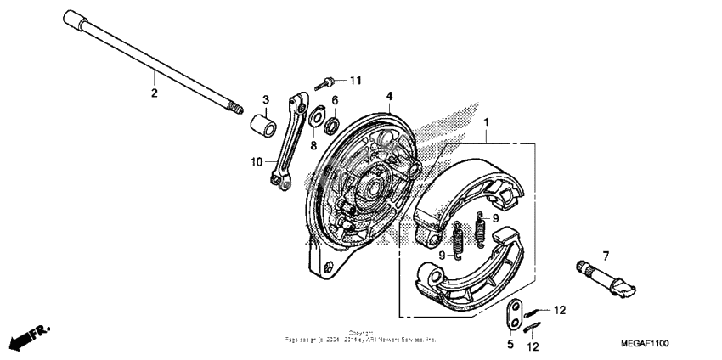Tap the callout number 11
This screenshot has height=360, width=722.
click(x=355, y=80)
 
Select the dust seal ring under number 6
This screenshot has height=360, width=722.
click(x=332, y=121)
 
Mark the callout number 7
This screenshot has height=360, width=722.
click(x=606, y=256)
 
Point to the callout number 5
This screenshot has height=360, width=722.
click(x=510, y=344)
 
